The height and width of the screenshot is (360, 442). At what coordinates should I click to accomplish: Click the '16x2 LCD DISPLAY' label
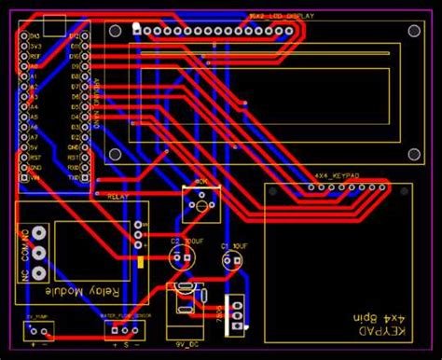[283, 17]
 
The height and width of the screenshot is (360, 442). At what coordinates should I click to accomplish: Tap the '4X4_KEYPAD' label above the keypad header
[337, 174]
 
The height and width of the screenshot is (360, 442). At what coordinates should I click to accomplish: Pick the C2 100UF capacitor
[182, 259]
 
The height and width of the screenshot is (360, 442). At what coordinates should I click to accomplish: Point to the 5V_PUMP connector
[37, 330]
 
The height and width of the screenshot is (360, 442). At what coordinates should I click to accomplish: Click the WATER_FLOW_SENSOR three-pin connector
[125, 329]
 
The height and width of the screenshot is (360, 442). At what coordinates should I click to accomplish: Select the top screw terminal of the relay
[39, 233]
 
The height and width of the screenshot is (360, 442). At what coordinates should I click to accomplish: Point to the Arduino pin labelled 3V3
[24, 46]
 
